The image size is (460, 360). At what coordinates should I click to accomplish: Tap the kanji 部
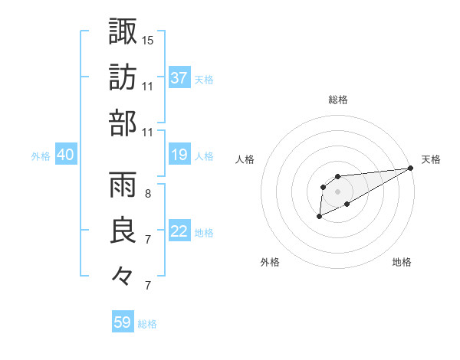(123, 123)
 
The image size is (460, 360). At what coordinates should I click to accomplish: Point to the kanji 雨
(123, 184)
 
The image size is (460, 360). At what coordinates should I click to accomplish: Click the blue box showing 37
(179, 78)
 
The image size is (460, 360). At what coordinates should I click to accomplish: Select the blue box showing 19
(179, 155)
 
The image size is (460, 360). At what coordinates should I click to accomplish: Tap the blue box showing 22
(179, 232)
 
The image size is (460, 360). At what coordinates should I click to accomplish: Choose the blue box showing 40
(65, 155)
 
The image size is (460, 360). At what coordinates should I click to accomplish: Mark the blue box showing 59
(122, 322)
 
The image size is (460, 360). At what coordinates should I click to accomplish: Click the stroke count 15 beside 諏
(148, 39)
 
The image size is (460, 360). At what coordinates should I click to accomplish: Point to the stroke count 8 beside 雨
(147, 193)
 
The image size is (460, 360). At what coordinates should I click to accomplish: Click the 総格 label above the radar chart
(337, 100)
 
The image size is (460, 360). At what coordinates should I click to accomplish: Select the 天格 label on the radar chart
(431, 159)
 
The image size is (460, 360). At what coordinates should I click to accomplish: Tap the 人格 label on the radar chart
(245, 159)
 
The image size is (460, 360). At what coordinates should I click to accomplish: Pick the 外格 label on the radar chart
(270, 262)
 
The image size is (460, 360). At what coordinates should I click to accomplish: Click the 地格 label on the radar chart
(402, 262)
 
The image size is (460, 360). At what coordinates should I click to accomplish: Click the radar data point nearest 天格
(410, 169)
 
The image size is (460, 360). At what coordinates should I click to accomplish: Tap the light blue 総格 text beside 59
(147, 324)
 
